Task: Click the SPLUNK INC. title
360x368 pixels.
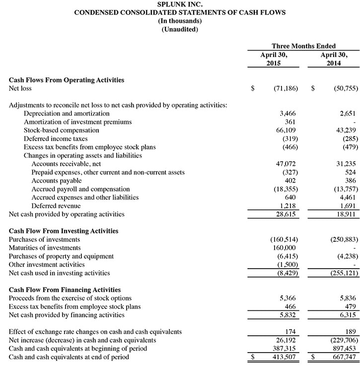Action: (180, 4)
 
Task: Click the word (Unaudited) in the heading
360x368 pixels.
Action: (180, 29)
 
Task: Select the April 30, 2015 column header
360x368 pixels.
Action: (274, 59)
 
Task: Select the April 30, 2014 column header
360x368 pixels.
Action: (333, 59)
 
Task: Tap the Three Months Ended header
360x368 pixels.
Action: (303, 46)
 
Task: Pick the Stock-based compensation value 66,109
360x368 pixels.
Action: (286, 130)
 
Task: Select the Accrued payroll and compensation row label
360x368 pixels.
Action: (80, 189)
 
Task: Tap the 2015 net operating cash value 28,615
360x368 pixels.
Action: (286, 215)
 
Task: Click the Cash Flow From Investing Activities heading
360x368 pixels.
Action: (64, 231)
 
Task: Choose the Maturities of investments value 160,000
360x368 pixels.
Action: (284, 248)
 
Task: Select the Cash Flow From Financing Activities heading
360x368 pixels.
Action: (65, 290)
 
